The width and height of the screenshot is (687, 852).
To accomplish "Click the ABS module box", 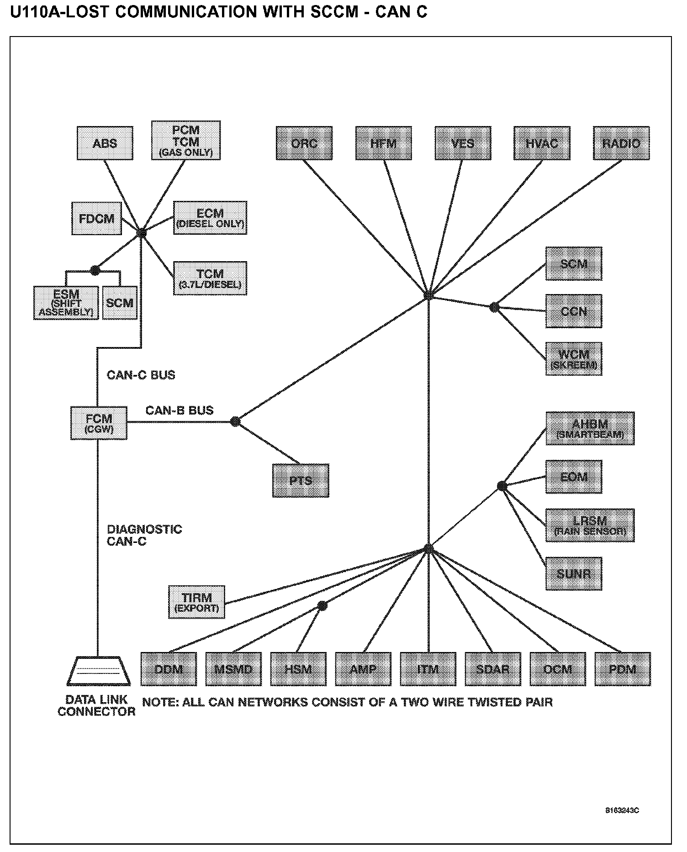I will [105, 143].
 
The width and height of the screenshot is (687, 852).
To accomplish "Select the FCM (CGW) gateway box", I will [99, 423].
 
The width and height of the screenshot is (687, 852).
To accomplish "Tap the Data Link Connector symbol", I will [98, 671].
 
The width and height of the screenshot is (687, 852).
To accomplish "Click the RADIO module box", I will [621, 143].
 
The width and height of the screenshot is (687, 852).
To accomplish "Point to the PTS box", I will [301, 480].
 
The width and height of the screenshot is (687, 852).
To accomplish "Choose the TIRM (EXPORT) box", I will [197, 602].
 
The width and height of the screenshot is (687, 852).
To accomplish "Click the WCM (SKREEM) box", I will [574, 358].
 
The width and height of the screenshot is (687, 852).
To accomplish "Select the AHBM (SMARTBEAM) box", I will [590, 428].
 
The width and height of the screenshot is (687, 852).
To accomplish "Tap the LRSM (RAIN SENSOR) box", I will [590, 526].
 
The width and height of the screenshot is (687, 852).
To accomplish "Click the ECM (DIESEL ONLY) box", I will [210, 218].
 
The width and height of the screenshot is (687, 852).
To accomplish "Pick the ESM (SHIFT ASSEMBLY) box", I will [66, 303].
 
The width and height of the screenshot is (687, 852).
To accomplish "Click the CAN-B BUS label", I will [180, 410].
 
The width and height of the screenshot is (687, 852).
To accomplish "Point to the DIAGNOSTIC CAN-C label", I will [144, 535].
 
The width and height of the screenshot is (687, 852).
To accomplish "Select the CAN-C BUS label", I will [141, 375].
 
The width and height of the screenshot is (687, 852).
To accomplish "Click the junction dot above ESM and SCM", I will [95, 270].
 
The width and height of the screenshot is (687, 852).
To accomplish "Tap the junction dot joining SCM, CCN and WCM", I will [494, 307].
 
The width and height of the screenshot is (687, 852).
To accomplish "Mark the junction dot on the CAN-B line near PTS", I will [235, 421].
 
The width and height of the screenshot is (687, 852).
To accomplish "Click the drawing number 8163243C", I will [622, 811].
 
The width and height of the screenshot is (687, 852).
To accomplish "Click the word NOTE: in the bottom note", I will [160, 702].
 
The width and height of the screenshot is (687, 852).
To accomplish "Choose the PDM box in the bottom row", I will [623, 669].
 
